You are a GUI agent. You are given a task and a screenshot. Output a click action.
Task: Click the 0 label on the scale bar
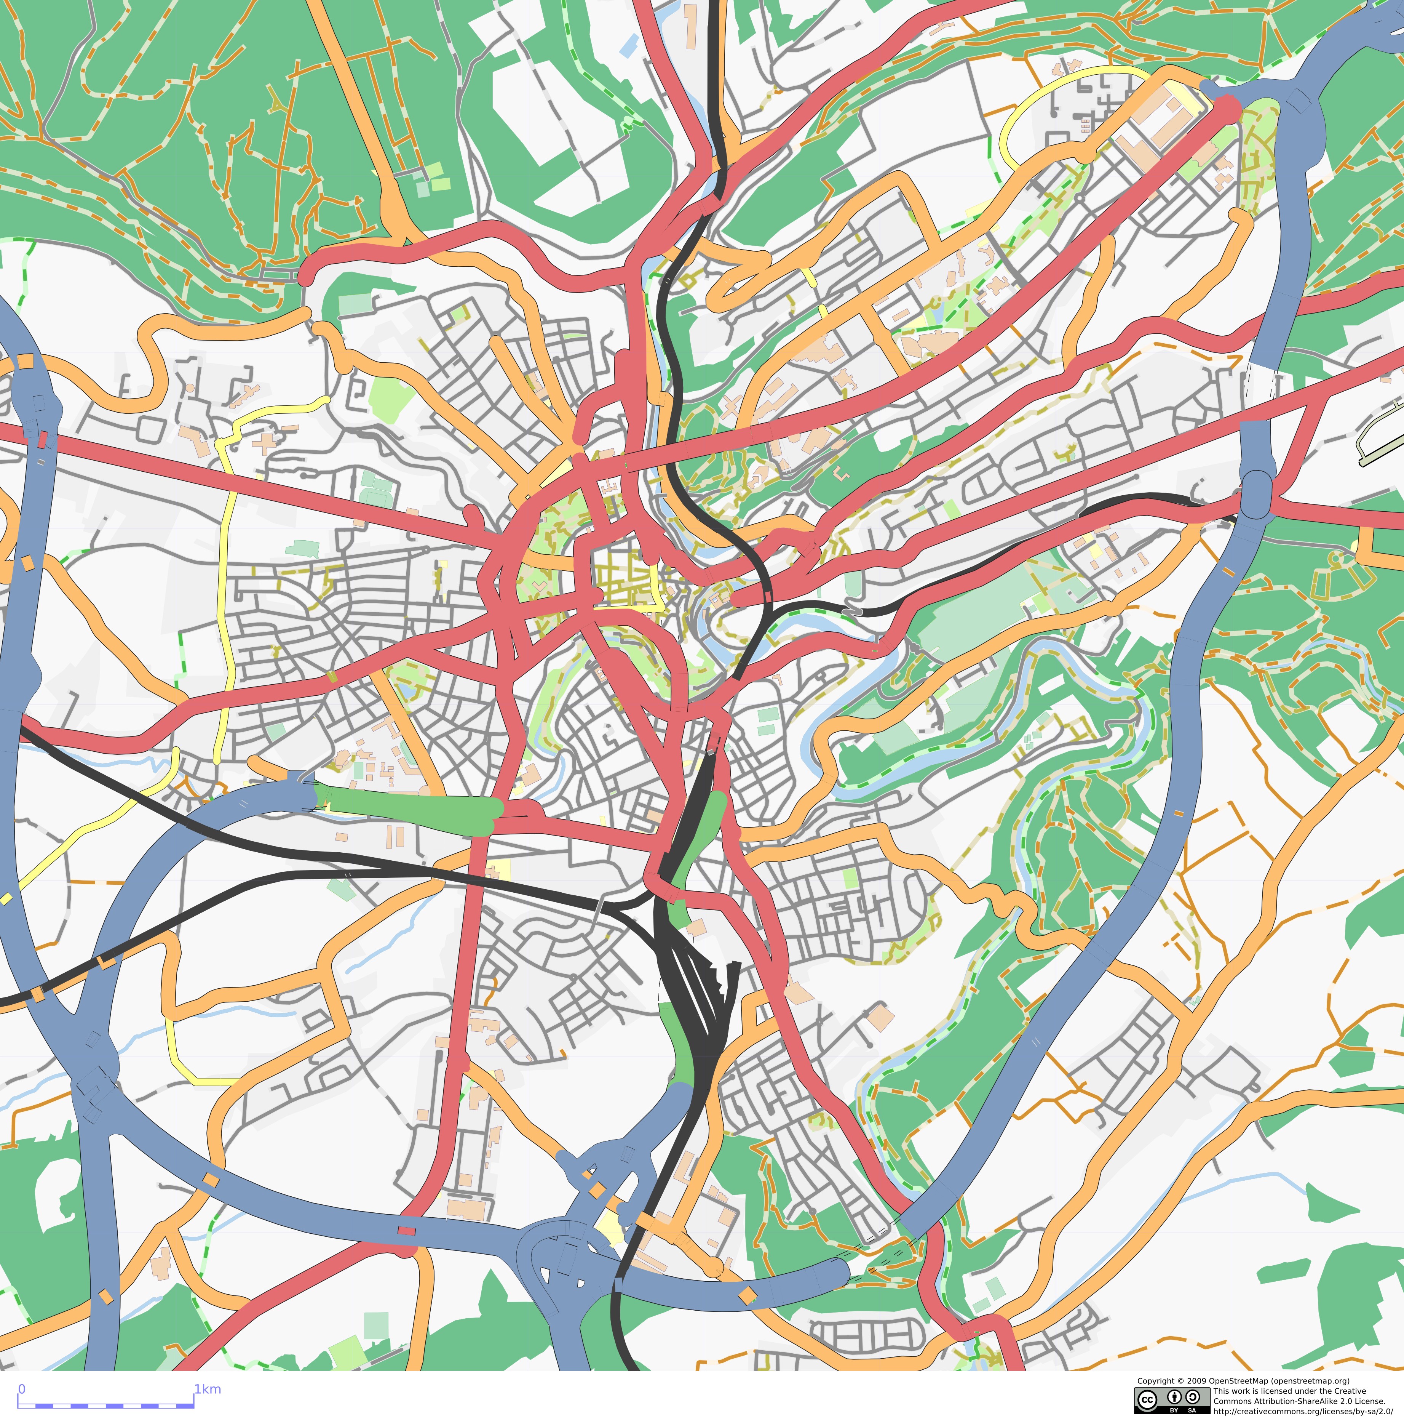21,1389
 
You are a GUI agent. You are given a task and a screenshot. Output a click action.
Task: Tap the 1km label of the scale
207,1389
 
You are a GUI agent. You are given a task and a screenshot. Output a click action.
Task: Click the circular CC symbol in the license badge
1147,1399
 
